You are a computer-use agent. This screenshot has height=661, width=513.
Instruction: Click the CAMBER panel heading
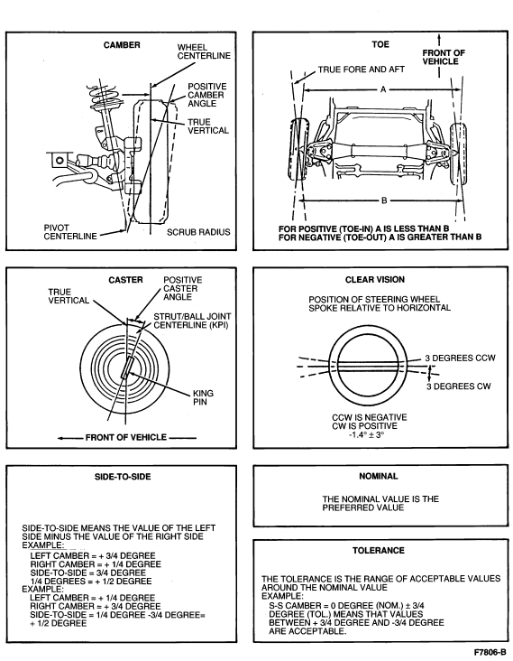pyautogui.click(x=122, y=45)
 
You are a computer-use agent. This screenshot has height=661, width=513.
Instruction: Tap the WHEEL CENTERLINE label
pyautogui.click(x=204, y=51)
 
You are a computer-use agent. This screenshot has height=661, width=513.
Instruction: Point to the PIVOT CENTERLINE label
pyautogui.click(x=70, y=232)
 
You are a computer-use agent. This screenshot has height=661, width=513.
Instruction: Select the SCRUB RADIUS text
pyautogui.click(x=198, y=232)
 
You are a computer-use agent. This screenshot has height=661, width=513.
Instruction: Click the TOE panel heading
pyautogui.click(x=380, y=44)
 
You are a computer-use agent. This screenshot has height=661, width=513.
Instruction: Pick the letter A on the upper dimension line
pyautogui.click(x=383, y=89)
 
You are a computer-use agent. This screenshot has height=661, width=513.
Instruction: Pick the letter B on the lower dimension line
pyautogui.click(x=384, y=200)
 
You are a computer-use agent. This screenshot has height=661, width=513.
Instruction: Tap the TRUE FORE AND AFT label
pyautogui.click(x=361, y=70)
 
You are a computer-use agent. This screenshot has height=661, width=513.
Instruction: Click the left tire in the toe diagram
pyautogui.click(x=299, y=150)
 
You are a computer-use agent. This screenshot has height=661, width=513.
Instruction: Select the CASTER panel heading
pyautogui.click(x=125, y=280)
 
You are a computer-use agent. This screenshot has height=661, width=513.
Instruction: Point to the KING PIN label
pyautogui.click(x=203, y=397)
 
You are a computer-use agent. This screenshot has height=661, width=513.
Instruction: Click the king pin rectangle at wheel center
pyautogui.click(x=127, y=368)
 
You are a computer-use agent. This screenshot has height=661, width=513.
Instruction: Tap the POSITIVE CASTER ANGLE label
pyautogui.click(x=183, y=289)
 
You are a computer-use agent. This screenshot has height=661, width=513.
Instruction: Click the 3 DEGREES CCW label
pyautogui.click(x=460, y=358)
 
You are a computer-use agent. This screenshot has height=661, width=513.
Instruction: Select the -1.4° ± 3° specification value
pyautogui.click(x=367, y=434)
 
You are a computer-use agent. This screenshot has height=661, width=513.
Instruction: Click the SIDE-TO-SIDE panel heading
pyautogui.click(x=123, y=477)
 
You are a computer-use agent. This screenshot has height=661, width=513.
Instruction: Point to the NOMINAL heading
pyautogui.click(x=379, y=477)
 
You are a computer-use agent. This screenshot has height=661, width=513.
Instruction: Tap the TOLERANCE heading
pyautogui.click(x=379, y=551)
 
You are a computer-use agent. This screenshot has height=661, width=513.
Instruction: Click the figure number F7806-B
pyautogui.click(x=490, y=652)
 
